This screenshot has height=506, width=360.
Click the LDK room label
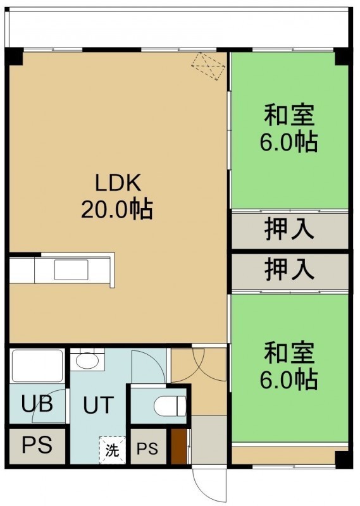[118, 183]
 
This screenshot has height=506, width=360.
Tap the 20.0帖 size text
[117, 209]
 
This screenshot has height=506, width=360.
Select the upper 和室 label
[289, 115]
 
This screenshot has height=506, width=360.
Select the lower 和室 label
[289, 354]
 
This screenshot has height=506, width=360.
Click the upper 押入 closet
[290, 230]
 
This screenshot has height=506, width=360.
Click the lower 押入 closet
[290, 271]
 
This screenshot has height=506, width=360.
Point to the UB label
[37, 404]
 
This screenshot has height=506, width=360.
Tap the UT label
[99, 405]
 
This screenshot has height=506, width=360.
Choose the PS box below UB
[37, 446]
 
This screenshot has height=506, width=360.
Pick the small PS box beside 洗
[148, 447]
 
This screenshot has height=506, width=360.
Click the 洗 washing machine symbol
[112, 450]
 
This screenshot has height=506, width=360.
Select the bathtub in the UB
[37, 366]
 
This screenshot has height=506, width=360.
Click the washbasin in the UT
[87, 361]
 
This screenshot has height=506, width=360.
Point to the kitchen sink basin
[71, 269]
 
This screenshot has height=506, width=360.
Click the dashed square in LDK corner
[208, 66]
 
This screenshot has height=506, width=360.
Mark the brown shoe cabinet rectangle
[178, 447]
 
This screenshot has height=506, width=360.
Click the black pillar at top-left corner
[14, 56]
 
